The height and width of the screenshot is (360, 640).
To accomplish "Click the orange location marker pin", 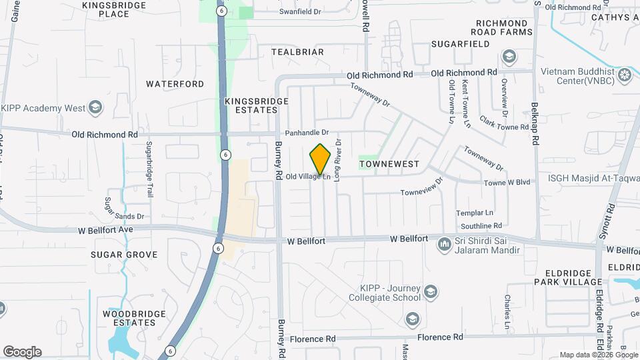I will pos(320,160).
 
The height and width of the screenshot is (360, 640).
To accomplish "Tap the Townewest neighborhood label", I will pos(389,163).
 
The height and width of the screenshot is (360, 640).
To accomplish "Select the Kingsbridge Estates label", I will pos(256,105).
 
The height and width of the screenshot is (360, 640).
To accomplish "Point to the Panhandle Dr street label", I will pos(307,133).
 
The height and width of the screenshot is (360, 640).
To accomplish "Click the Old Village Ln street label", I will pos(308,177).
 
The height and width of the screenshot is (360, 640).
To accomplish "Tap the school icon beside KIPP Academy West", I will pos(95,107).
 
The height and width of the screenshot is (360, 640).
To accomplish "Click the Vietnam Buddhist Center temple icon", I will pos(625,73).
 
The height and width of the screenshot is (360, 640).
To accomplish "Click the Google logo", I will pos(22,352).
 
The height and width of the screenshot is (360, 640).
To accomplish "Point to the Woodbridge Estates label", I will pos(129,318).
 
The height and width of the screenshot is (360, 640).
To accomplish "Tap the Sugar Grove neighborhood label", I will pos(125,255).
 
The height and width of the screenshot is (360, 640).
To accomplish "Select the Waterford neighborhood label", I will pos(175,84).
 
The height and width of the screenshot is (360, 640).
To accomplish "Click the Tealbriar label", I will pos(297,52).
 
